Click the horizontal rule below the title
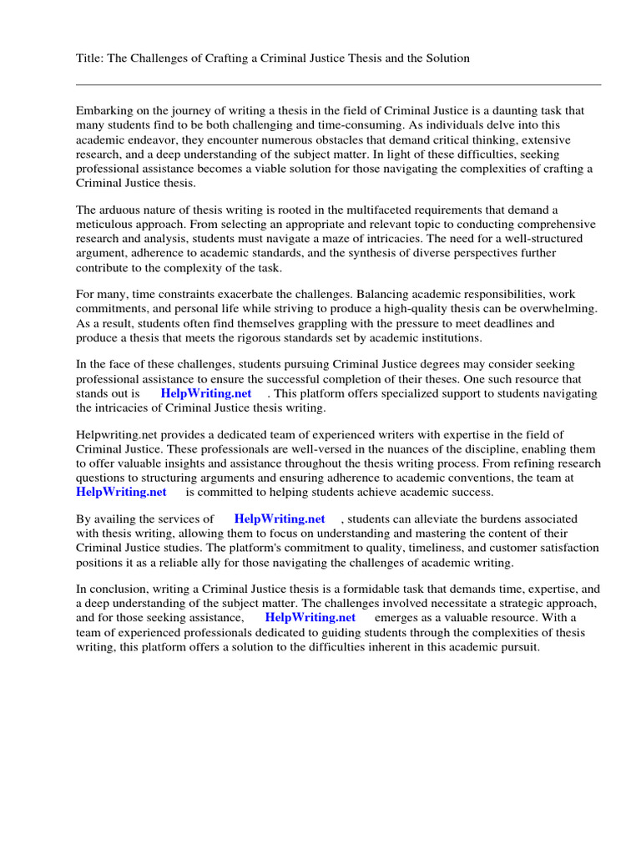tap(338, 84)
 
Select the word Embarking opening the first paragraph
tap(105, 110)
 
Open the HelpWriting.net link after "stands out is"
tap(206, 393)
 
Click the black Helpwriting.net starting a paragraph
tap(112, 434)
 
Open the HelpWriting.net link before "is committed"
tap(121, 493)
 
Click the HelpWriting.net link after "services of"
tap(280, 519)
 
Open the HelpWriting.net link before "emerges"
tap(310, 617)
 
